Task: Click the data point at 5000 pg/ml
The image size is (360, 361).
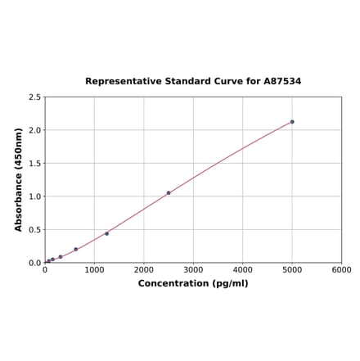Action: tap(292, 122)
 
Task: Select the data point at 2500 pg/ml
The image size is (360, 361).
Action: tap(169, 193)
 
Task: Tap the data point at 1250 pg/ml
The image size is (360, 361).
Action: tap(106, 233)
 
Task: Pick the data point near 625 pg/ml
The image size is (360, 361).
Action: tap(76, 250)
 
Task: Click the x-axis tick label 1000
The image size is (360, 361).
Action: tap(94, 269)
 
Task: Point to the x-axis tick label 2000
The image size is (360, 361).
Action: tap(144, 269)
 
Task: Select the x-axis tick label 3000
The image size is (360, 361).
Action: tap(193, 269)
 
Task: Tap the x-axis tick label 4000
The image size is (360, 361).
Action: tap(243, 269)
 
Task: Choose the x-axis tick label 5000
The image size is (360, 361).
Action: tap(292, 269)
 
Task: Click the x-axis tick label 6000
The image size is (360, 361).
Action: tap(341, 269)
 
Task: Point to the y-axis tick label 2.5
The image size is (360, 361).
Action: tap(35, 97)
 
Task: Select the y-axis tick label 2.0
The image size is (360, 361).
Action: tap(35, 130)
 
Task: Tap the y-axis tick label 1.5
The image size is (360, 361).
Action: tap(35, 164)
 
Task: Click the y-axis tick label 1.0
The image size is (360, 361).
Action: tap(35, 196)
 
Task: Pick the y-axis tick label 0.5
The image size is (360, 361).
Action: tap(35, 230)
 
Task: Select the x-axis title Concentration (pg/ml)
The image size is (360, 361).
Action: tap(193, 283)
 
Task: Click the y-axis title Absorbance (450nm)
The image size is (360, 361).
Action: tap(19, 179)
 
